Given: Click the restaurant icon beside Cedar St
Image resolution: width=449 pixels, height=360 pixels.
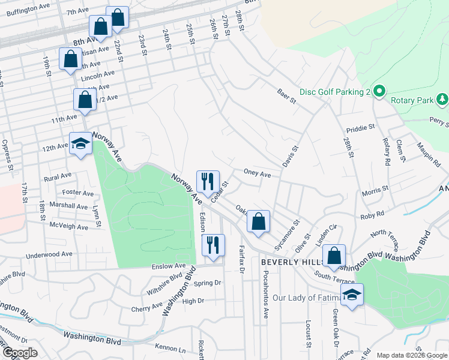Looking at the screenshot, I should tap(208, 182).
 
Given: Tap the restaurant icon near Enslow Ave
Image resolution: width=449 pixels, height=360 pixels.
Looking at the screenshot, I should tap(213, 245).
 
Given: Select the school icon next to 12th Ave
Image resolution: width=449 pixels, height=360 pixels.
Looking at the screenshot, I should tap(81, 144).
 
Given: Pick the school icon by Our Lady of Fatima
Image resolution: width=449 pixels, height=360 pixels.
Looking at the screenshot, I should tap(352, 295).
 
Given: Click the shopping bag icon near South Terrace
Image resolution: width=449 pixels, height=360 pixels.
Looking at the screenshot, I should tap(334, 256).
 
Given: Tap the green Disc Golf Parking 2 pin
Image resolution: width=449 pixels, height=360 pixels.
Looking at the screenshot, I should tap(379, 92).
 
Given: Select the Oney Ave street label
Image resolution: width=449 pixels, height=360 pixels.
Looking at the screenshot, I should tap(257, 174).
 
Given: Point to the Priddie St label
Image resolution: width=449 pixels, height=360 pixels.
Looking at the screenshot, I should tap(361, 128).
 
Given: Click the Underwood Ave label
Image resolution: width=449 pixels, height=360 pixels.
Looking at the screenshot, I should tap(50, 254).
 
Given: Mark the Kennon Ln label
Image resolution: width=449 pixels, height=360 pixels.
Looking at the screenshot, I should tap(170, 347).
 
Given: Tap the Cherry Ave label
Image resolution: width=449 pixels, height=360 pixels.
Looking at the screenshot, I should tap(146, 307).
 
